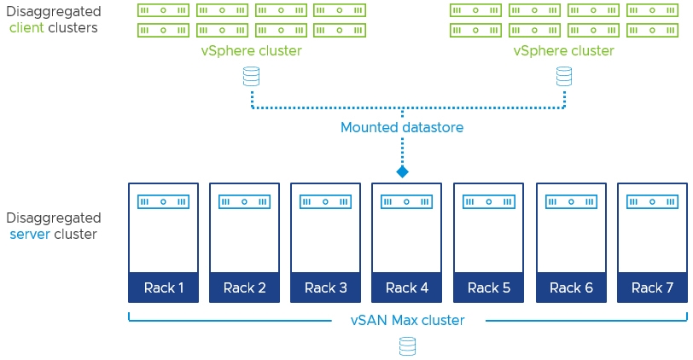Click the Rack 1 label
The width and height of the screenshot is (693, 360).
(x=164, y=288)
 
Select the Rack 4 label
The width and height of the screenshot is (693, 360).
(x=406, y=288)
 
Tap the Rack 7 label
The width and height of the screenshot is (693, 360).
(x=652, y=288)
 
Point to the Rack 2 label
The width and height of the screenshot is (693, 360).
(x=244, y=288)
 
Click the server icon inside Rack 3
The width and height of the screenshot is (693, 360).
(x=326, y=202)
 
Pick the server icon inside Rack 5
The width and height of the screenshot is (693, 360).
(x=489, y=202)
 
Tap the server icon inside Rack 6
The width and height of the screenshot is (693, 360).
(x=571, y=202)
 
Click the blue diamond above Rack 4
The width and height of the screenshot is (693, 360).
(x=402, y=171)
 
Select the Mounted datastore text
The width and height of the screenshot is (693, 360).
(x=402, y=127)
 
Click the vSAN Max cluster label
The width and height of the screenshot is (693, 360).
(x=407, y=320)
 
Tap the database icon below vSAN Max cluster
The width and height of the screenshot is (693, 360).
(x=407, y=346)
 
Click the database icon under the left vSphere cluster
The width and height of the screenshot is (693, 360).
(x=252, y=77)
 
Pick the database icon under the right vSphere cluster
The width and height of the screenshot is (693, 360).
(x=564, y=77)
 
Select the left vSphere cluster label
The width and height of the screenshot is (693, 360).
(x=252, y=51)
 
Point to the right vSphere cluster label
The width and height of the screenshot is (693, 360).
(x=564, y=51)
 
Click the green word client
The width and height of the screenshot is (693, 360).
(x=26, y=28)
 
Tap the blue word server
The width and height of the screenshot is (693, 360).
(x=30, y=234)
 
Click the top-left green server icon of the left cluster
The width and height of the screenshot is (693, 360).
(x=163, y=10)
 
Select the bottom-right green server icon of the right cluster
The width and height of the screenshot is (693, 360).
(x=652, y=31)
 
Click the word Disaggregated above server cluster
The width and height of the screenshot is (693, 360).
(x=54, y=218)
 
